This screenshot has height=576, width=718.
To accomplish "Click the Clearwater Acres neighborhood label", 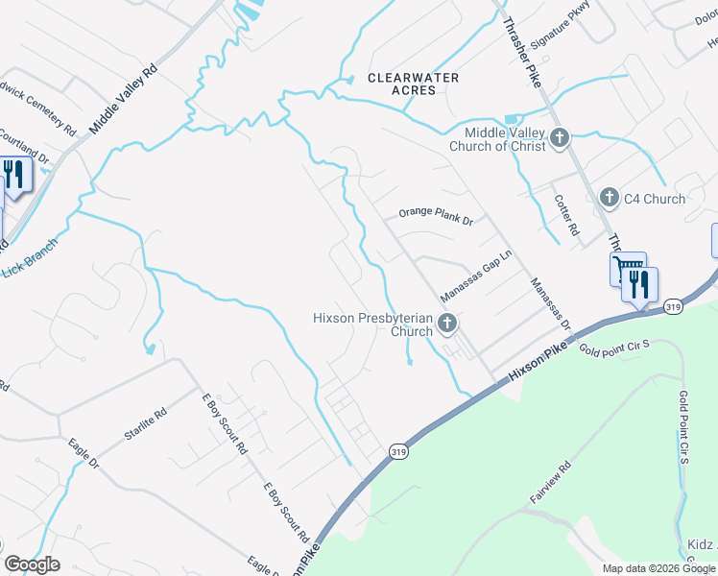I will pos(414,84).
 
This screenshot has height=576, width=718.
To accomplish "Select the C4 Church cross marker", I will pos(609,199).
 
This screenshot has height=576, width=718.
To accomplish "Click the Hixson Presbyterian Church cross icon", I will pos(446,324).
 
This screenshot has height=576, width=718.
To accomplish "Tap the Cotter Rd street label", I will pos(566,216).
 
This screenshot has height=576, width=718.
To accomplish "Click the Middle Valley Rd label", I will pos(123,99).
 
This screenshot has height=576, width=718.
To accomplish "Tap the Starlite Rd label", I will pos(145,422).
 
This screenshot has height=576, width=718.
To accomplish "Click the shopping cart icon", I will pos(626,268).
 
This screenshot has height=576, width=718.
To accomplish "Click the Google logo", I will pos(33,564).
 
